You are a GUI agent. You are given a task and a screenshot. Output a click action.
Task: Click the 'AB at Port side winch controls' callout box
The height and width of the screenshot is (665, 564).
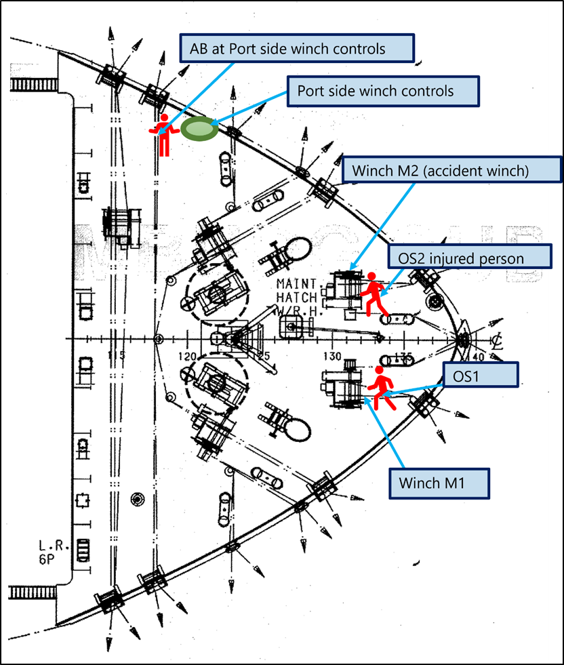(296, 49)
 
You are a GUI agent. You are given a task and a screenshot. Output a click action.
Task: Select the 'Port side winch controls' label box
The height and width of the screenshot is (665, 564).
(383, 91)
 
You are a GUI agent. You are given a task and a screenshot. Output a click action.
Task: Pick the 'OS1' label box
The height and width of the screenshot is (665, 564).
(480, 374)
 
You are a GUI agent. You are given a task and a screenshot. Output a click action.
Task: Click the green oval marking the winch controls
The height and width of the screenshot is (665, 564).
(199, 129)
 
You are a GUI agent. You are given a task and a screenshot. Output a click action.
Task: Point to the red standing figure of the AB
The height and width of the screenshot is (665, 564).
(163, 134)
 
